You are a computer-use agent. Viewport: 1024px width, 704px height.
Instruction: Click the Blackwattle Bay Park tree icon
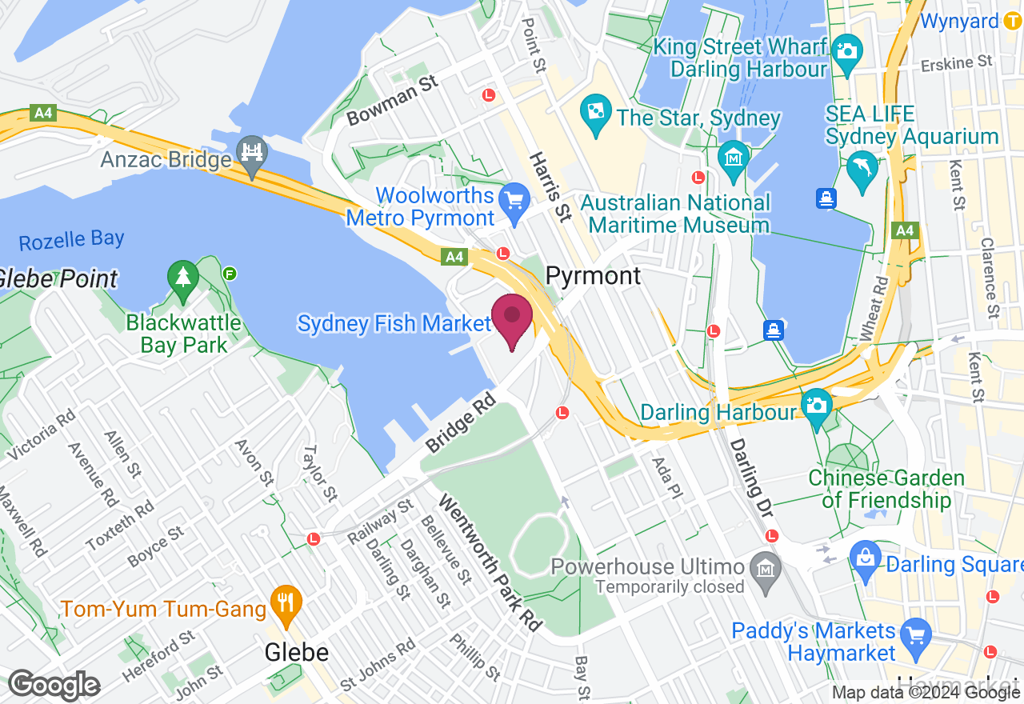pyautogui.click(x=183, y=278)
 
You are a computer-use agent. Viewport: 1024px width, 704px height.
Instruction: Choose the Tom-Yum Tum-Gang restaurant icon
pyautogui.click(x=283, y=599)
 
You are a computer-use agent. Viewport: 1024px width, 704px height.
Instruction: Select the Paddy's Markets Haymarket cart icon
pyautogui.click(x=914, y=634)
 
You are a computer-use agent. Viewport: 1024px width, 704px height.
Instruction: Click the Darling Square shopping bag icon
pyautogui.click(x=865, y=554)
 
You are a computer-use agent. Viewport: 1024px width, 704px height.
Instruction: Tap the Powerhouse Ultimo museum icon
pyautogui.click(x=766, y=566)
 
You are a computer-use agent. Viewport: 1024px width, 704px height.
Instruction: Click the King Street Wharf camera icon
pyautogui.click(x=846, y=48)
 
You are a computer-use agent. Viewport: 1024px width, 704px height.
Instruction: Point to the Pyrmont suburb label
pyautogui.click(x=593, y=276)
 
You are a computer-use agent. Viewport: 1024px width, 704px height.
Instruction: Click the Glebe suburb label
pyautogui.click(x=297, y=652)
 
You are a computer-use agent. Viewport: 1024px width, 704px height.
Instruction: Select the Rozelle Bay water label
pyautogui.click(x=71, y=239)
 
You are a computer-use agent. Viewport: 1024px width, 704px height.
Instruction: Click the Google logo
pyautogui.click(x=54, y=685)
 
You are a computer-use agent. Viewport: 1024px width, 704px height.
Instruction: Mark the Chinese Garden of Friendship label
pyautogui.click(x=886, y=489)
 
